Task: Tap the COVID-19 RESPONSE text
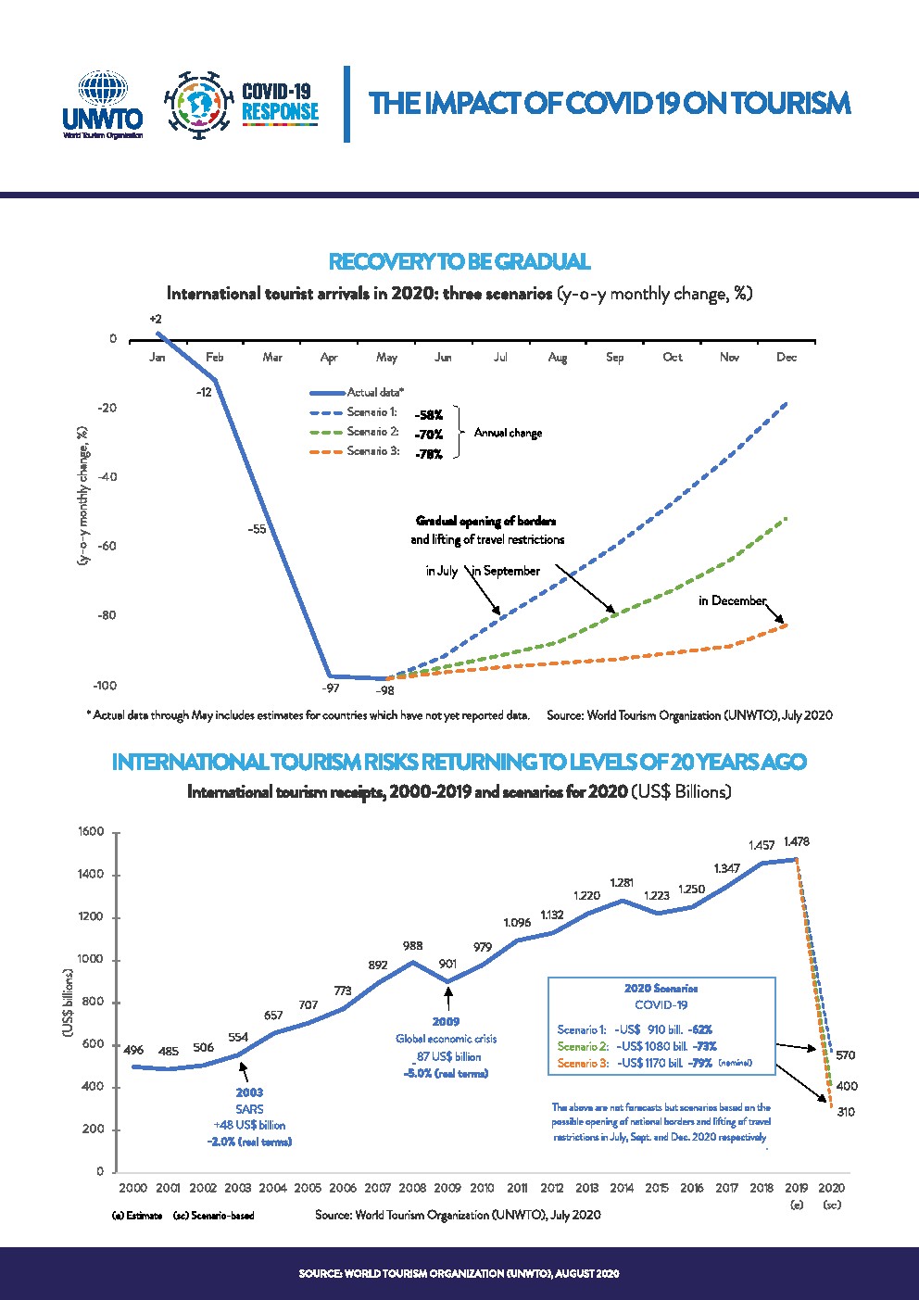coord(279,103)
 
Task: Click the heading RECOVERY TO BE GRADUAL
coord(459,261)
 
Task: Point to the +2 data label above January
coord(155,320)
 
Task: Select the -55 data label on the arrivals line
coord(257,529)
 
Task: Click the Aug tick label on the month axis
coord(558,358)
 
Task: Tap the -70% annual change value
coord(429,434)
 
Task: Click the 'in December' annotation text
coord(732,600)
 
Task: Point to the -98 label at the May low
coord(385,691)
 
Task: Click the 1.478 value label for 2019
coord(796,842)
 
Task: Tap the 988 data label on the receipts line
coord(412,946)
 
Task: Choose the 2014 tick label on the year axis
coord(622,1188)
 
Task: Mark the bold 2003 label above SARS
coord(249,1092)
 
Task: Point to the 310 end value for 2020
coord(846,1112)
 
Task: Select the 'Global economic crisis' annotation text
coord(447,1039)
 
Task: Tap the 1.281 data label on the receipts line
coord(622,882)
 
